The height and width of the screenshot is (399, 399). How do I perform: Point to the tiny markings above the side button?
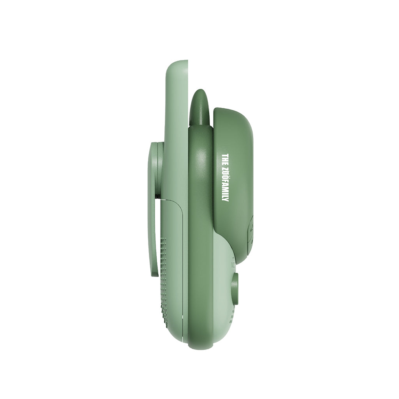[233, 263]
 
